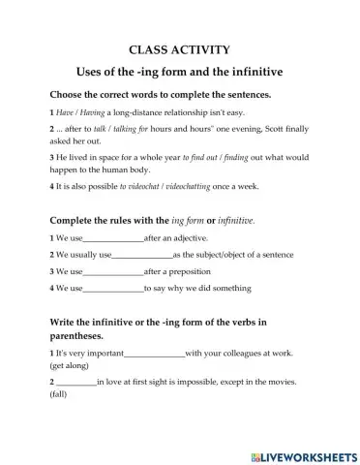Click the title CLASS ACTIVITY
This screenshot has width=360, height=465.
tap(179, 48)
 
